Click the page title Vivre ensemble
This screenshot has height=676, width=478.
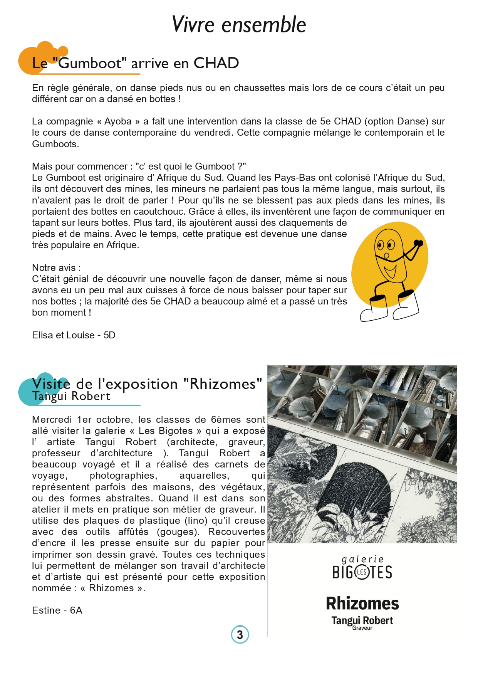tap(239, 25)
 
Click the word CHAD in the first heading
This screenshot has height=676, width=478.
tap(216, 63)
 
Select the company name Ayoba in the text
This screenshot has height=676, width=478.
tap(118, 121)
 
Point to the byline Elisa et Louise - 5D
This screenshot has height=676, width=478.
tap(74, 335)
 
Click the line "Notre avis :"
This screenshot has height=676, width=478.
tap(56, 268)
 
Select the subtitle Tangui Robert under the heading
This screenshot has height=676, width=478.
tap(71, 396)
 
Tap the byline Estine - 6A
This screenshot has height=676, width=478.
tap(57, 610)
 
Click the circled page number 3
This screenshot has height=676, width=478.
tap(240, 634)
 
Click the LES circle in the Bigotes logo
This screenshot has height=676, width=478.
tap(362, 572)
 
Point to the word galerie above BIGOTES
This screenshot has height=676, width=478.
tap(362, 559)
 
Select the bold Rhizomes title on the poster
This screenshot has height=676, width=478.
tap(362, 604)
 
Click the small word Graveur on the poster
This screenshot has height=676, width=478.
tap(362, 628)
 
